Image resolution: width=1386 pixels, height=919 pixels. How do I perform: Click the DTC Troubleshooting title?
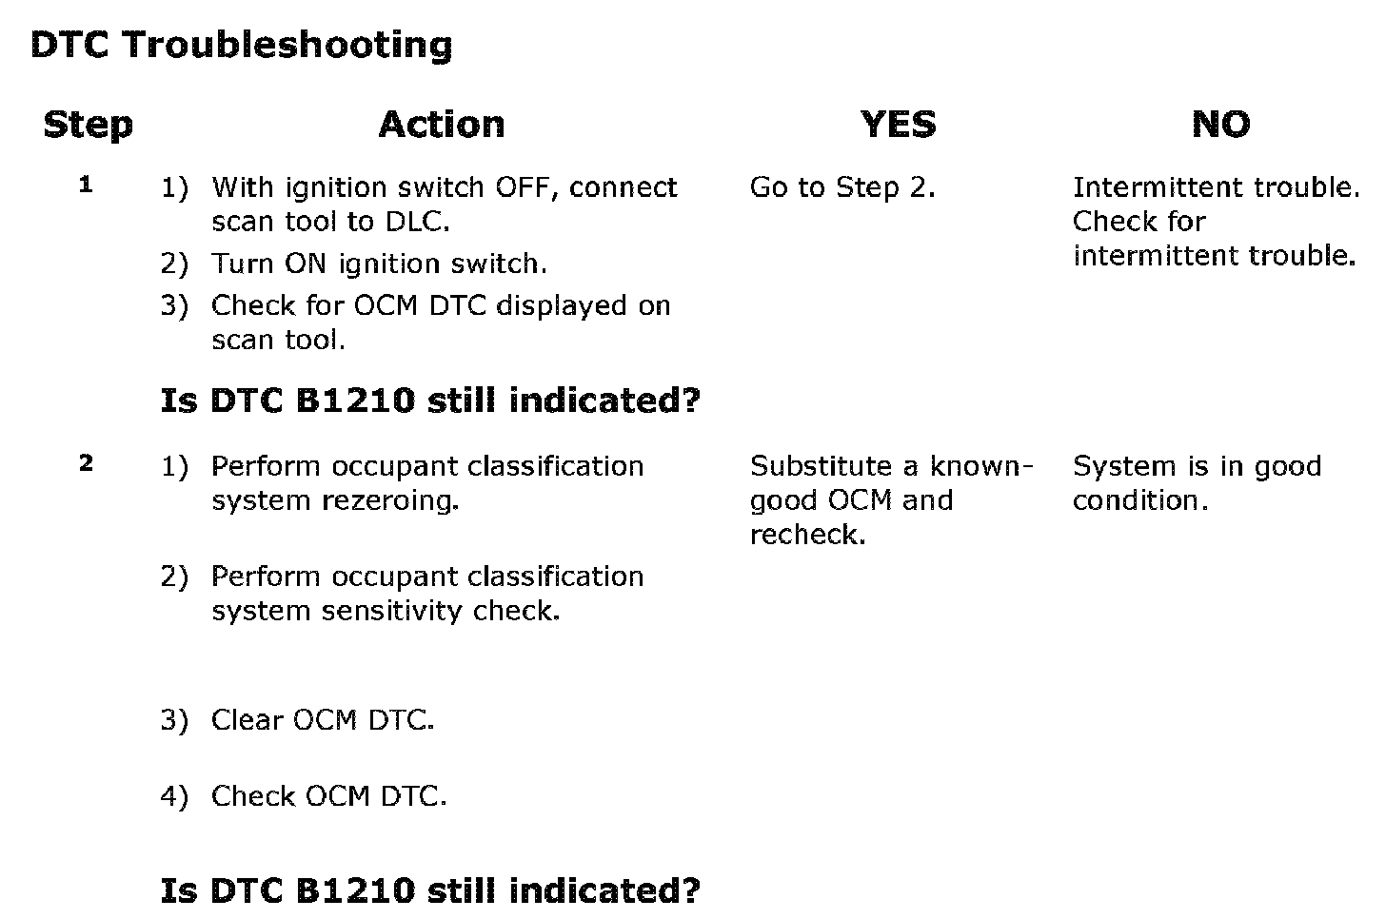coord(242,46)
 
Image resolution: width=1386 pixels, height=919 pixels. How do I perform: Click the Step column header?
coord(88,126)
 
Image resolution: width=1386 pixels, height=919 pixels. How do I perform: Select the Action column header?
coord(442,125)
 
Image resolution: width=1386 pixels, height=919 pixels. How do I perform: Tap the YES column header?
coord(899,125)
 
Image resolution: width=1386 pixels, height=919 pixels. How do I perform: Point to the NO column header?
coord(1220,125)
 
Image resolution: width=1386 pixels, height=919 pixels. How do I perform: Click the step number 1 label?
coord(86,185)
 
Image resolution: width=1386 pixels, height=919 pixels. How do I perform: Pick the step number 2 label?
coord(86,462)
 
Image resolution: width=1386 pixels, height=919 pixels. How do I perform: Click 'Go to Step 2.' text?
coord(842,187)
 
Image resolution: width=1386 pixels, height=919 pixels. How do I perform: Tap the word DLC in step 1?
coord(418,222)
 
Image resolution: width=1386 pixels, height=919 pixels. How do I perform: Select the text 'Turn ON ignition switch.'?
coord(379,264)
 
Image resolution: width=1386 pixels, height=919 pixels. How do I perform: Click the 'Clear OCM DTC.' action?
coord(323,720)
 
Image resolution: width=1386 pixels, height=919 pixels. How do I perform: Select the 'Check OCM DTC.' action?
coord(328,796)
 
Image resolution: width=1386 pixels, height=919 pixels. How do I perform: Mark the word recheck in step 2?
coord(807,535)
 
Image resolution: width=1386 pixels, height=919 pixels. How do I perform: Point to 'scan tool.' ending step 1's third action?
coord(278,340)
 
